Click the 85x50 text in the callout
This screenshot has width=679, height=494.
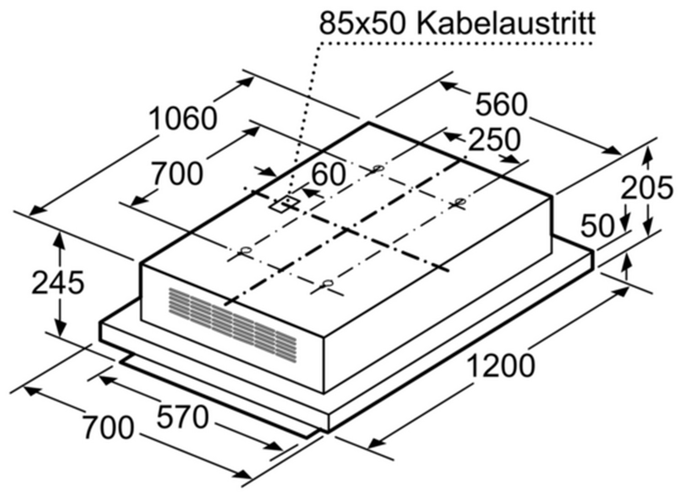[x=362, y=23]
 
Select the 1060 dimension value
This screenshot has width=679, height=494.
[x=182, y=119]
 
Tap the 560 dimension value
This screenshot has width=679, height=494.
[x=501, y=104]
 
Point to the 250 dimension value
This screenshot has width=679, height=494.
[x=494, y=139]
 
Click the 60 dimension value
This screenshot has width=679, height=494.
[x=328, y=174]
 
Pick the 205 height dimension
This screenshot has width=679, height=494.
[x=646, y=188]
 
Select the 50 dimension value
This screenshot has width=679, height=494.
[x=597, y=226]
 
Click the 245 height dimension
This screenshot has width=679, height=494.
[x=58, y=282]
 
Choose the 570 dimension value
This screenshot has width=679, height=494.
[x=182, y=417]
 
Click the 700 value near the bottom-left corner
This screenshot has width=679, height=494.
[x=108, y=428]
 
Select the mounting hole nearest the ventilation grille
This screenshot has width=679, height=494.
[x=246, y=251]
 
